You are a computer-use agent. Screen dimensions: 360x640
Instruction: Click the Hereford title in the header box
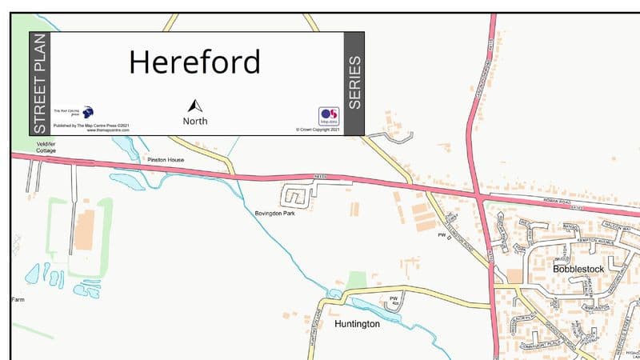[194, 62]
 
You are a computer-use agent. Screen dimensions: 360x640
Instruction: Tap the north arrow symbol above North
[195, 106]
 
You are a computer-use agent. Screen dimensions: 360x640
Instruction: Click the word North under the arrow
[195, 122]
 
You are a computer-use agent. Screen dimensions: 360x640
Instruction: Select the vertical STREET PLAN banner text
[41, 83]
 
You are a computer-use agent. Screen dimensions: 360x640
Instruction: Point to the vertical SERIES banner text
[354, 83]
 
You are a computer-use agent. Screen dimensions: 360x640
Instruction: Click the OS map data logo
[329, 116]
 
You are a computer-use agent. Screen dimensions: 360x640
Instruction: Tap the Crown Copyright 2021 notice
[318, 129]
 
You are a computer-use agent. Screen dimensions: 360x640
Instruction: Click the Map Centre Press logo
[87, 112]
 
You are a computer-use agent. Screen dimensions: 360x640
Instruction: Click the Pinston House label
[166, 160]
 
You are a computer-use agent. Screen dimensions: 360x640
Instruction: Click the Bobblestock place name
[578, 270]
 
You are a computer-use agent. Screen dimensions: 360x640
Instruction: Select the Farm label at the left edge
[18, 299]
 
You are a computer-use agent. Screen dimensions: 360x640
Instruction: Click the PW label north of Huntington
[393, 298]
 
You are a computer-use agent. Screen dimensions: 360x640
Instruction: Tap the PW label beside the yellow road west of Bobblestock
[441, 235]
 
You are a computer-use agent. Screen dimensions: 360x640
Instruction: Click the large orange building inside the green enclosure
[84, 229]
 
